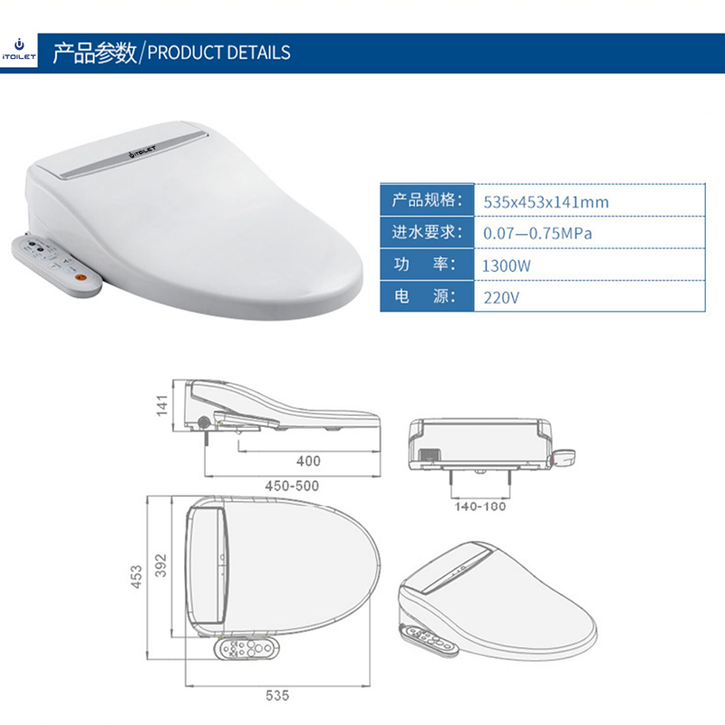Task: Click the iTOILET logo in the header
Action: click(x=18, y=50)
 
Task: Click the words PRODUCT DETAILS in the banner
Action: click(x=218, y=53)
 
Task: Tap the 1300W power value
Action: click(x=507, y=266)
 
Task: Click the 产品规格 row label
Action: click(x=427, y=200)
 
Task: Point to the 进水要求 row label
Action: click(x=427, y=232)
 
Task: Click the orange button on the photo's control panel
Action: click(x=81, y=277)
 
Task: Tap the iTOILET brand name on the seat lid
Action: click(x=142, y=152)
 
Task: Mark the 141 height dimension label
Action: click(x=162, y=405)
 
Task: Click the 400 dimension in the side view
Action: click(x=308, y=461)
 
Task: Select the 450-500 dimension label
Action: click(x=292, y=486)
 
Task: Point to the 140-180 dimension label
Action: click(x=480, y=507)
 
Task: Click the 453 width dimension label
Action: click(x=137, y=576)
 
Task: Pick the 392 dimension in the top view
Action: click(x=160, y=565)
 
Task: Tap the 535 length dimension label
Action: click(x=277, y=695)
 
